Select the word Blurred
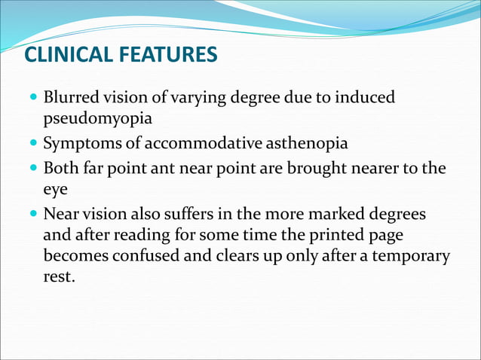(x=70, y=98)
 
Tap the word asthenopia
(x=290, y=142)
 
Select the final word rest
(x=60, y=276)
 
